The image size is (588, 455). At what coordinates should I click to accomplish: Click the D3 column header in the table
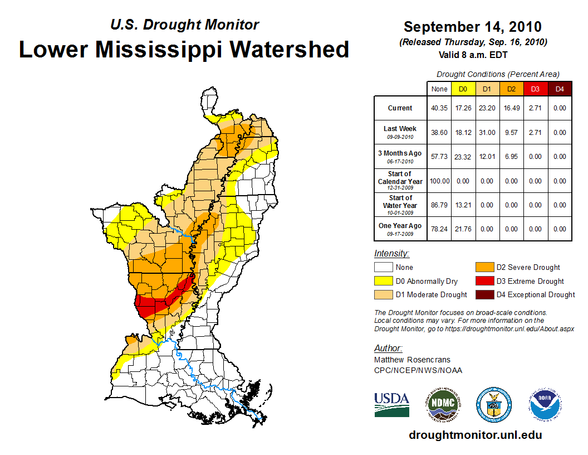[535, 89]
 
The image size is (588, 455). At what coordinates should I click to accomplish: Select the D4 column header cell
[559, 89]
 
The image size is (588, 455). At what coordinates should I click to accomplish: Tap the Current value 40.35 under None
[439, 108]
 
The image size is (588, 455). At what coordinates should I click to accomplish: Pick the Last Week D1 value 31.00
[487, 133]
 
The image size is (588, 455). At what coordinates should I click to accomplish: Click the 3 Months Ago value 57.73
[439, 157]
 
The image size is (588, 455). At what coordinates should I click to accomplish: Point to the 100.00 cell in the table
[439, 181]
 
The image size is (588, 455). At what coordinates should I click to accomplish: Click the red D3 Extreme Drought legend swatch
[484, 281]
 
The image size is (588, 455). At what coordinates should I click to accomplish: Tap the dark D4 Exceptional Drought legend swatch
[484, 294]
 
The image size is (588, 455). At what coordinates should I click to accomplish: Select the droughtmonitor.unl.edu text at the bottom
[475, 435]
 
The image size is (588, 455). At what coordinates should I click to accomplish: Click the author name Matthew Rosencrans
[412, 360]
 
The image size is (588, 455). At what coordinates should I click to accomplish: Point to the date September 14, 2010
[472, 27]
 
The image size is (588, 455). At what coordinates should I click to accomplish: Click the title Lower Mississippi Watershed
[184, 50]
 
